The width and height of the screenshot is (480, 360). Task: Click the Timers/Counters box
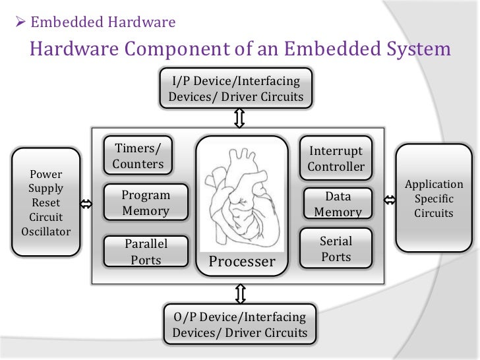pos(138,155)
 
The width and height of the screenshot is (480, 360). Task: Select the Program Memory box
pos(146,203)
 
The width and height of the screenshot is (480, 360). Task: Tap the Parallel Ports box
pos(146,251)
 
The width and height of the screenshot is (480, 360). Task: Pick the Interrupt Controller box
pos(336,158)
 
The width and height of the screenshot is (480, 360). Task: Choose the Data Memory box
pos(338,204)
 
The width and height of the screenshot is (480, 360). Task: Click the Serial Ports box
pos(336,248)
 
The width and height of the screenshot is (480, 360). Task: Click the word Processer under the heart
pos(241,262)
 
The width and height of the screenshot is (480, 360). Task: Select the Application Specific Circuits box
pos(433,198)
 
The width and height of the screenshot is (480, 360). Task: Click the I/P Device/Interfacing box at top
pos(236,89)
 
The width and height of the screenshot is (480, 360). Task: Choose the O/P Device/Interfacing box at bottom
pos(240,324)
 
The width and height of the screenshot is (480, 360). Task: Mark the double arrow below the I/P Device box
pos(239,118)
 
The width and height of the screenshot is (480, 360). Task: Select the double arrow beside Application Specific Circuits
pos(389,200)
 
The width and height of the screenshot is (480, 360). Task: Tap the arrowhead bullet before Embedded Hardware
pos(19,23)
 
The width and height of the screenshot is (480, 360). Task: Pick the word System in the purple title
pos(413,49)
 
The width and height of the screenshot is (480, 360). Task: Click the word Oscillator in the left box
pos(45,231)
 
